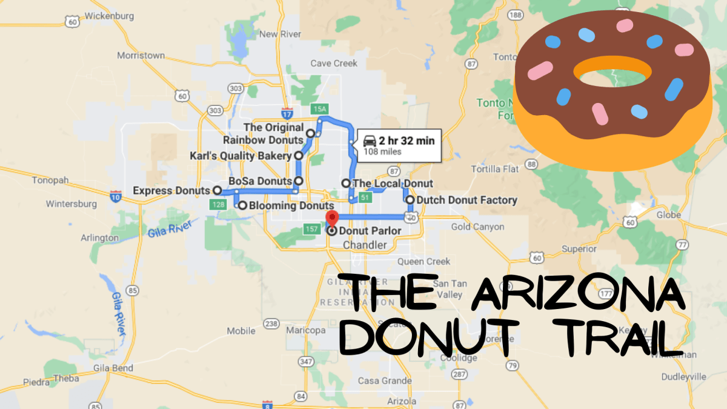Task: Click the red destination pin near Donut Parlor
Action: click(x=331, y=218)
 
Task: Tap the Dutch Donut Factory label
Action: click(x=466, y=200)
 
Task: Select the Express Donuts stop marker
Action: click(x=217, y=190)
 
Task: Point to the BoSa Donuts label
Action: click(x=261, y=181)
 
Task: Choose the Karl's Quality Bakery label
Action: click(x=241, y=156)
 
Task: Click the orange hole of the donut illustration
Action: click(x=612, y=71)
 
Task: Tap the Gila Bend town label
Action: click(x=109, y=368)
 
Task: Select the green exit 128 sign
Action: click(x=218, y=205)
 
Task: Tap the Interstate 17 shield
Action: click(x=287, y=113)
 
